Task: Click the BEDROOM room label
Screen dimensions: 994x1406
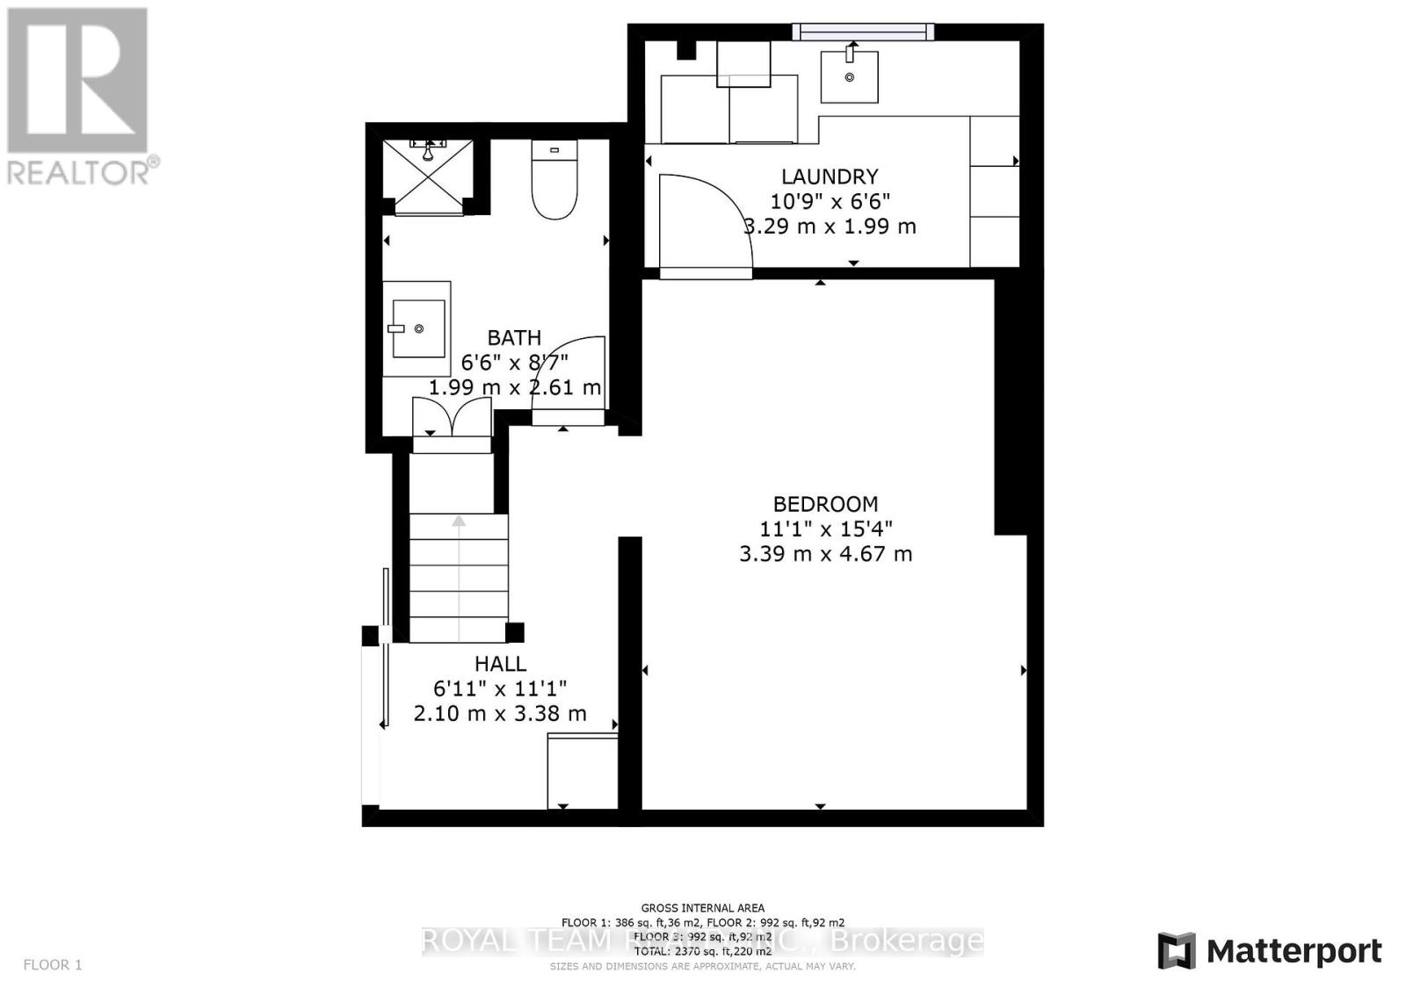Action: [825, 504]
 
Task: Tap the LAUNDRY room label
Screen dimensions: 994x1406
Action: [830, 176]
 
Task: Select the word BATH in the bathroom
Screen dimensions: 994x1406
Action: [514, 338]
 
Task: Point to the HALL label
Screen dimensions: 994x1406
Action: [500, 664]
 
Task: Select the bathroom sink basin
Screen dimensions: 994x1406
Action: [418, 328]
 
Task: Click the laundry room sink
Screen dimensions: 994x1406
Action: [850, 76]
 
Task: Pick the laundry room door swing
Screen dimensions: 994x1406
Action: [703, 220]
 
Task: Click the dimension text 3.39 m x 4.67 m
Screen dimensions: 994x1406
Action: [825, 554]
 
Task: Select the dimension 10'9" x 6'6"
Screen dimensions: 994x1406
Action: [830, 201]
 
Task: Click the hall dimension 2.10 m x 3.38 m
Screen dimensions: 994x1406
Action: [500, 714]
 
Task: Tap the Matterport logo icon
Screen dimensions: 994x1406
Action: [1177, 951]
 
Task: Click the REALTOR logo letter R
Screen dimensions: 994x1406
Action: [77, 81]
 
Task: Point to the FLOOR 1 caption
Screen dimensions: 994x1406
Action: [53, 965]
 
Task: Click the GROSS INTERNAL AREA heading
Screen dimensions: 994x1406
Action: [702, 908]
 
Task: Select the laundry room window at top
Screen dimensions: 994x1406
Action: [862, 32]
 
